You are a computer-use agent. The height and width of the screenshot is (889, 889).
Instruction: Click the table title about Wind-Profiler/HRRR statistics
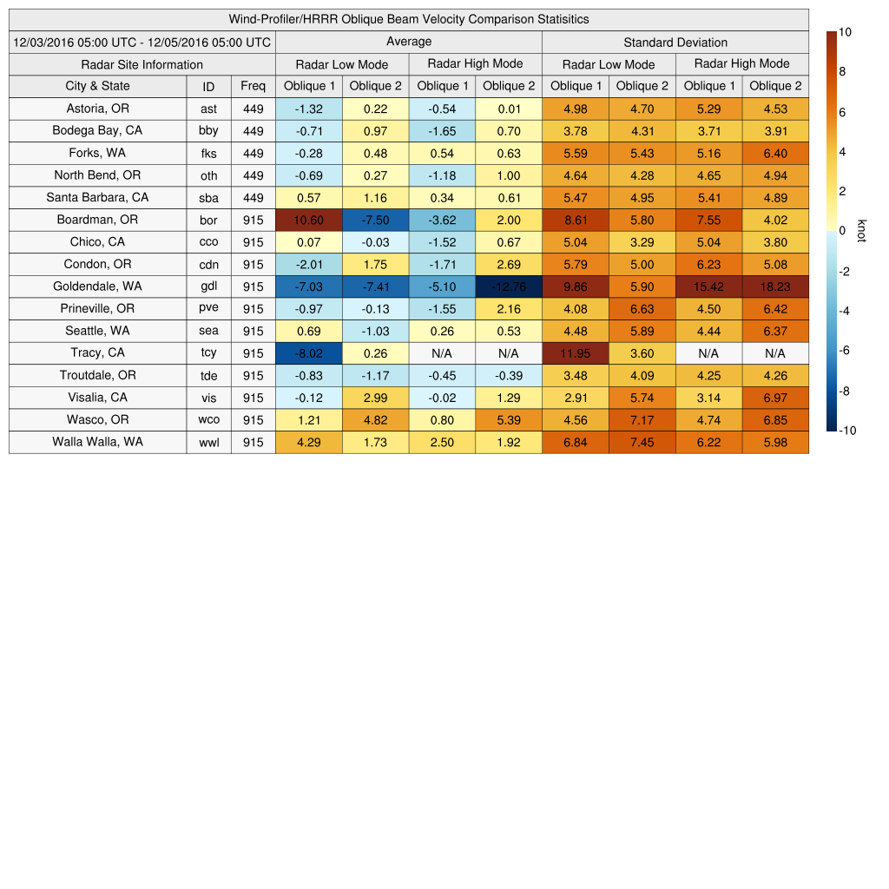(x=409, y=19)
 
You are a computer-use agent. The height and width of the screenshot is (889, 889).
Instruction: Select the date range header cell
(x=142, y=42)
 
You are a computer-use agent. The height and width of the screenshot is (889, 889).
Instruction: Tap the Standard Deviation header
(x=675, y=42)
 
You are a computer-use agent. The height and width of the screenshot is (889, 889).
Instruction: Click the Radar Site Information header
(x=142, y=64)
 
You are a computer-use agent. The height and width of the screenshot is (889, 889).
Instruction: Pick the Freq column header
(x=254, y=86)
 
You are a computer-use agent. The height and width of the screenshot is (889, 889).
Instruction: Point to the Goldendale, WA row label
(x=97, y=286)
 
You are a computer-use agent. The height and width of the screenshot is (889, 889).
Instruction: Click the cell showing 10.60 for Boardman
(x=309, y=220)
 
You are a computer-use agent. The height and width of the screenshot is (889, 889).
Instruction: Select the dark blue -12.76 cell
(x=509, y=286)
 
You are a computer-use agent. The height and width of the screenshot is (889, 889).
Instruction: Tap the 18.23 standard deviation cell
(x=775, y=286)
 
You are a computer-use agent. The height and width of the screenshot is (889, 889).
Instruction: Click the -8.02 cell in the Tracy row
(x=309, y=353)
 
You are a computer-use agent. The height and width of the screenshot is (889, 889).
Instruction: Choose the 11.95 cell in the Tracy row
(x=576, y=353)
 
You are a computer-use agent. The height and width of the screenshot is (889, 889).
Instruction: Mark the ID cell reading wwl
(x=208, y=442)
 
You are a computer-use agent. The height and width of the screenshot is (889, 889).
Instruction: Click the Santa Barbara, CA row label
(x=97, y=197)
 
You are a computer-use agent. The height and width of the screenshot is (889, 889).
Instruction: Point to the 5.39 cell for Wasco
(x=509, y=420)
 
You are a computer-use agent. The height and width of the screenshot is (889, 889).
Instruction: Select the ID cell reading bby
(x=208, y=131)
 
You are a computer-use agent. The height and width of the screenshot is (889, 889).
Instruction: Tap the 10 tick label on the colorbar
(x=845, y=32)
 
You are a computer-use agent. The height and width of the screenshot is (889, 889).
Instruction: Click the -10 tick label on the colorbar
(x=846, y=431)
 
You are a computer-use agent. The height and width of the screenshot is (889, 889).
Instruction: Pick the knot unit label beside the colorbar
(x=862, y=231)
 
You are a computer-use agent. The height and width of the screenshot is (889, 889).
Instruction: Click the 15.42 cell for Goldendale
(x=708, y=286)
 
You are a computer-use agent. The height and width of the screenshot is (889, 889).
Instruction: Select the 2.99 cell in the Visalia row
(x=376, y=398)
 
